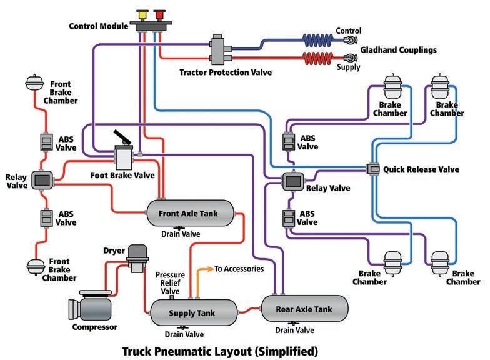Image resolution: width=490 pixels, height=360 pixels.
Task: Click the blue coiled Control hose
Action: click(x=317, y=40)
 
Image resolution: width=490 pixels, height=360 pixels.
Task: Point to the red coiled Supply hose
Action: click(x=317, y=58)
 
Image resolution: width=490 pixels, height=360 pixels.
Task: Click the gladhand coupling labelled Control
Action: click(x=350, y=40)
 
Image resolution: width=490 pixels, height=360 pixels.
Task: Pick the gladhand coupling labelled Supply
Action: click(x=350, y=57)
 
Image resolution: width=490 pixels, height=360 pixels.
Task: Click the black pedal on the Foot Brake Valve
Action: click(x=121, y=137)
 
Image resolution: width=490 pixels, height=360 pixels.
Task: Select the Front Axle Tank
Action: click(x=190, y=213)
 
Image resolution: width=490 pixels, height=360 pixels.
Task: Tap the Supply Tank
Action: click(x=194, y=312)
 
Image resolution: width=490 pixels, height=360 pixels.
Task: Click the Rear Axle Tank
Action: click(x=305, y=309)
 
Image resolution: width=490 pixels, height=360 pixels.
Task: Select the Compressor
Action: click(x=91, y=306)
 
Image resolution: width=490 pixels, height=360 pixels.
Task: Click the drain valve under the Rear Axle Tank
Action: click(x=294, y=324)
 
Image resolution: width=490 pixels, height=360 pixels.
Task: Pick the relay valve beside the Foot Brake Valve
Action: click(x=42, y=180)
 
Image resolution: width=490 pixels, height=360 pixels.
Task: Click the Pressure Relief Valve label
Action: click(x=170, y=283)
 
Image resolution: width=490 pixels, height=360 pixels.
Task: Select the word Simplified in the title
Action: click(x=286, y=351)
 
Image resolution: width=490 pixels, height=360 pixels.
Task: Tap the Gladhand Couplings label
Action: click(x=399, y=50)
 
